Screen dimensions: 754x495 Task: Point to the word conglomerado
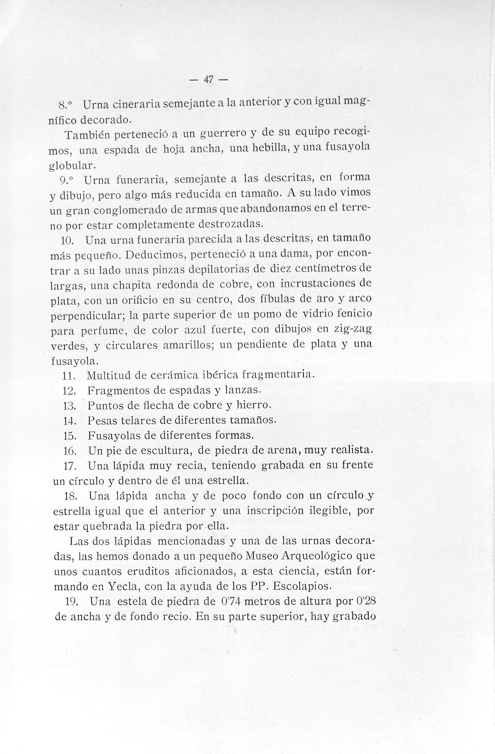[127, 210]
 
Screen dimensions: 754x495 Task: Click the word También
[85, 135]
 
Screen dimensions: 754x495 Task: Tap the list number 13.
[69, 406]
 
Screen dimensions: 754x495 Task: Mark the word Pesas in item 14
[101, 421]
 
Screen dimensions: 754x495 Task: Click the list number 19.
[73, 602]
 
